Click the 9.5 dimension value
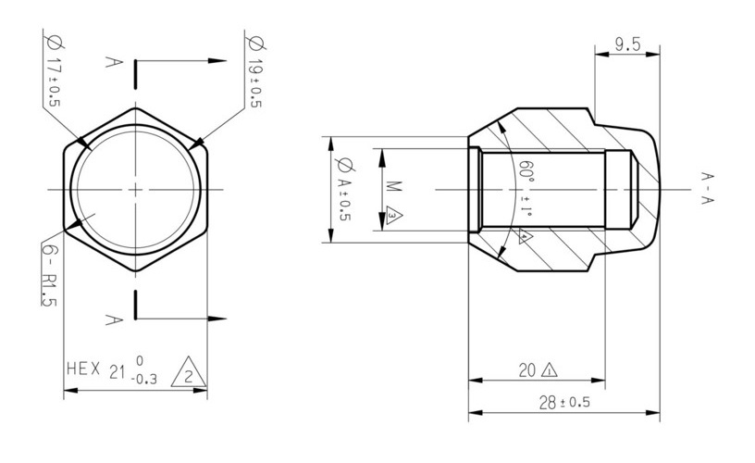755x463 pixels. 628,44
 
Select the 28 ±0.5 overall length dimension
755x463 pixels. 564,402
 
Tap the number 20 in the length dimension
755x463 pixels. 526,370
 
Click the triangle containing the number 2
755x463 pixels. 189,373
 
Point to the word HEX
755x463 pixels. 83,369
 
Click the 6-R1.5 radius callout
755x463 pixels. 49,274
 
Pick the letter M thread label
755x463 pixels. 394,186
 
